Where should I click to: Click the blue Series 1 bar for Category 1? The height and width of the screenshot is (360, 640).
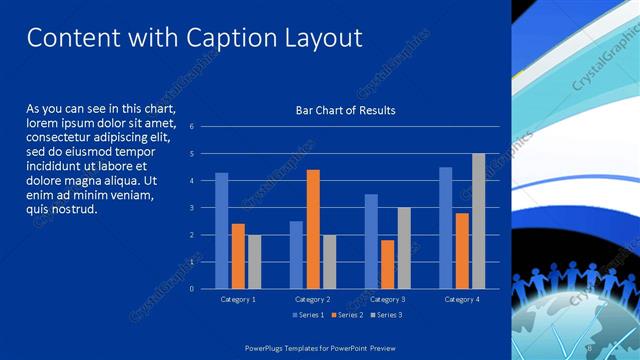point(222,230)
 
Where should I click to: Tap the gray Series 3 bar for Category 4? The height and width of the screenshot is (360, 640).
point(478,221)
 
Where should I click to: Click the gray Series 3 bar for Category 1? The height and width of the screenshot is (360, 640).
point(254,261)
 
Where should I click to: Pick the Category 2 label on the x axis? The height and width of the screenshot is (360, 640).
point(313,299)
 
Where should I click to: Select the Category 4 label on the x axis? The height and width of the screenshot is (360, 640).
point(461,299)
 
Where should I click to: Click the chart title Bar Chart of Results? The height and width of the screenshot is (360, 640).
point(345,110)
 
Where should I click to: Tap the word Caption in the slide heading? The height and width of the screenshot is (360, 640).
point(223,38)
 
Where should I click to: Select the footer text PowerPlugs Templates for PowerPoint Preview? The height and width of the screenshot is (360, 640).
point(320,346)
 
